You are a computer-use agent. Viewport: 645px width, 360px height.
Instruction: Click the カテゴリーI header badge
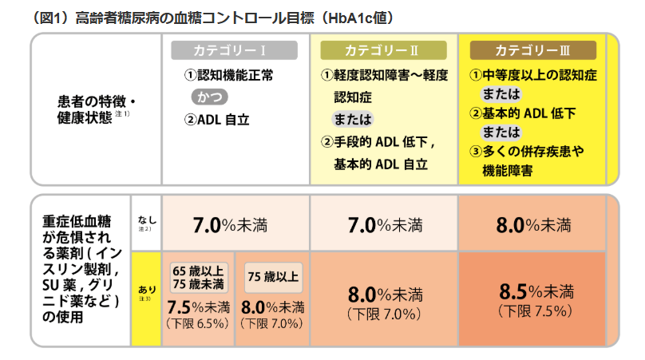coord(230,49)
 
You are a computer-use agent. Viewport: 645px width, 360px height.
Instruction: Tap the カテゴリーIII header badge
coord(532,49)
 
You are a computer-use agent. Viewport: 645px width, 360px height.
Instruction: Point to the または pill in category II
coord(352,120)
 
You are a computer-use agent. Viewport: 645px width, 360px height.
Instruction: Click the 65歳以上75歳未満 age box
coord(197,276)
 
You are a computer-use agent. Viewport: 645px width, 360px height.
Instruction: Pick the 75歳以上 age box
coord(273,277)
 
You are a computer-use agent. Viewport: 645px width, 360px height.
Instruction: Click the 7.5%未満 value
coord(197,307)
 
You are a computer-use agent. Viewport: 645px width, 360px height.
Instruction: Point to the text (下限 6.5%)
coord(197,323)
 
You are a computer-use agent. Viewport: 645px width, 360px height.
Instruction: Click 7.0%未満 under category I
coord(230,225)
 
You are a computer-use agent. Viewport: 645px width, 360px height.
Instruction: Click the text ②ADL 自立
coord(216,121)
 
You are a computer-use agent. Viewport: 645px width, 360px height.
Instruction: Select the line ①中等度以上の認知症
coord(532,76)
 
